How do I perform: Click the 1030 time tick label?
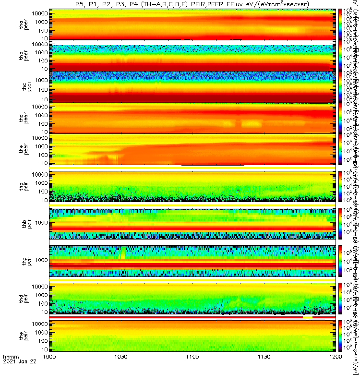pyautogui.click(x=121, y=371)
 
